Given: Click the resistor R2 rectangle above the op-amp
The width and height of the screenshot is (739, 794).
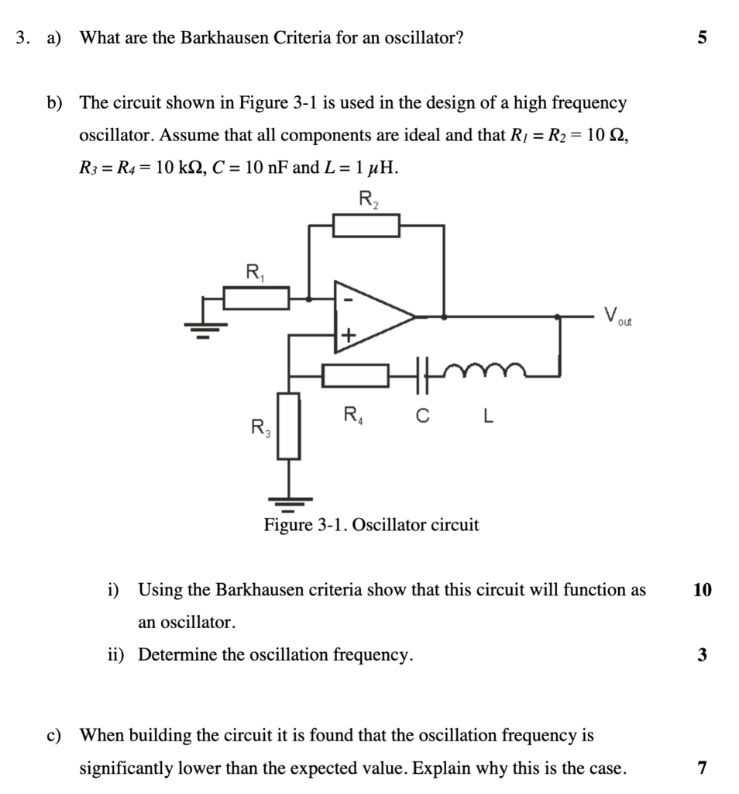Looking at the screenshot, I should coord(366,225).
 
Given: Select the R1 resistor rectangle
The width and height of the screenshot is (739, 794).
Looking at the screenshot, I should coord(256,297).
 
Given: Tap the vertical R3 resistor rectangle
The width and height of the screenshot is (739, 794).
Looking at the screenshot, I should coord(289,426).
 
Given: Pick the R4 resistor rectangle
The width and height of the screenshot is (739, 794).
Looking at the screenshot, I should coord(356,375).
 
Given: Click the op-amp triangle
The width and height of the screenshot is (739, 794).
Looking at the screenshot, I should coord(372,316).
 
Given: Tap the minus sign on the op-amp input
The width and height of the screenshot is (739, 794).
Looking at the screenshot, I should coord(348,299).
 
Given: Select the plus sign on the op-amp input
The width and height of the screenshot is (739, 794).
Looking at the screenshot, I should coord(348,335).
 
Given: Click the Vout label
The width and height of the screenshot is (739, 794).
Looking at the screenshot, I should coord(618,316).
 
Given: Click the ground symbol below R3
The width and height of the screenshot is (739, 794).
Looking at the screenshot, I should coord(289,504).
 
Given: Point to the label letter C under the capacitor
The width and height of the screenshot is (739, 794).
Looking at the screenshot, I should coord(421,417).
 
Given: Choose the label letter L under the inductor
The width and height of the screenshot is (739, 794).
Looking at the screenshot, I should coord(486,417).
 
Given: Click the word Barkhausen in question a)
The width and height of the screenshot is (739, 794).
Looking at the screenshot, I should coord(225,37).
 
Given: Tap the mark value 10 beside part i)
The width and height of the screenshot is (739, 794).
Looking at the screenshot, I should coord(702,590).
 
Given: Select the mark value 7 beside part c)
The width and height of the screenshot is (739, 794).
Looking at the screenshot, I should coord(702,768).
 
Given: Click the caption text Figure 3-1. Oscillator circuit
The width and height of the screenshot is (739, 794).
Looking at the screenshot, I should coord(371,525).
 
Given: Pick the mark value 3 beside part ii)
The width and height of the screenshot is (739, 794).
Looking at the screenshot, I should coord(702,655).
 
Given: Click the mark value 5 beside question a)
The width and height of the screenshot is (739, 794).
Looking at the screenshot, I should coord(702,37).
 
